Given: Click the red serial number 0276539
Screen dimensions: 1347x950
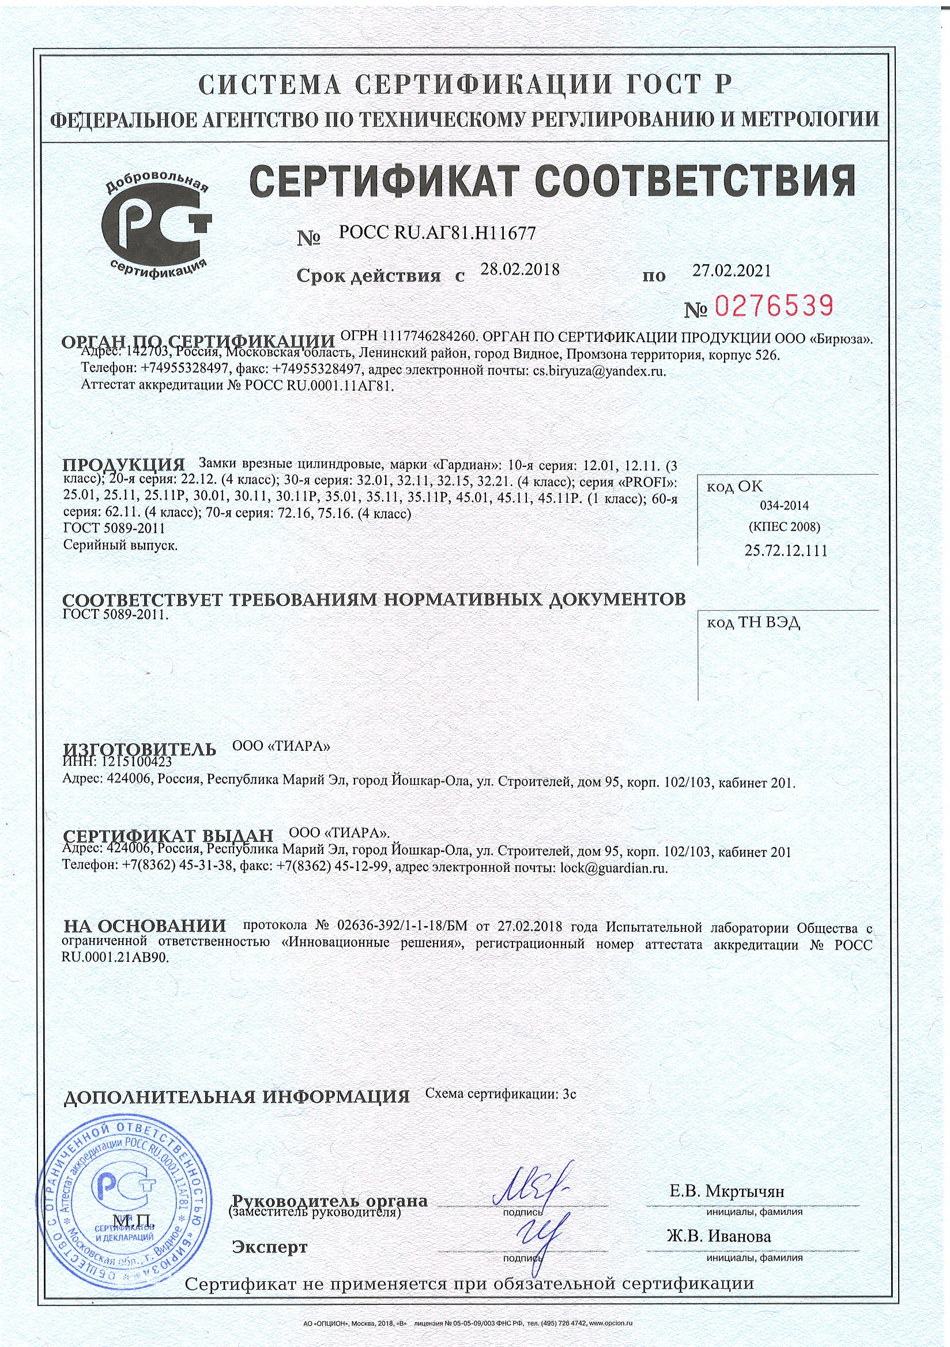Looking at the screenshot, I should click(x=774, y=306).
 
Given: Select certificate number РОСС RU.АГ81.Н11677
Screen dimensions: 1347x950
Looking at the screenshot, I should click(x=437, y=234).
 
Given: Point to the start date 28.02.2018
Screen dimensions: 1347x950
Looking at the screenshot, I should click(x=519, y=269).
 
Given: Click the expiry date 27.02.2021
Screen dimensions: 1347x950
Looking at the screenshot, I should click(x=732, y=270).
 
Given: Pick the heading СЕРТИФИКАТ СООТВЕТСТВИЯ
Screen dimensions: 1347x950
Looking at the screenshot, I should click(x=552, y=180).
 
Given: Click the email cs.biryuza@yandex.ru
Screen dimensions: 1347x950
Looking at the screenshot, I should click(x=599, y=371).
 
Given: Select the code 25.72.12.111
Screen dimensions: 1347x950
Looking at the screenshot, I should click(x=786, y=550).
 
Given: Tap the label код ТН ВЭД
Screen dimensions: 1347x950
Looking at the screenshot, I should click(x=753, y=622).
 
